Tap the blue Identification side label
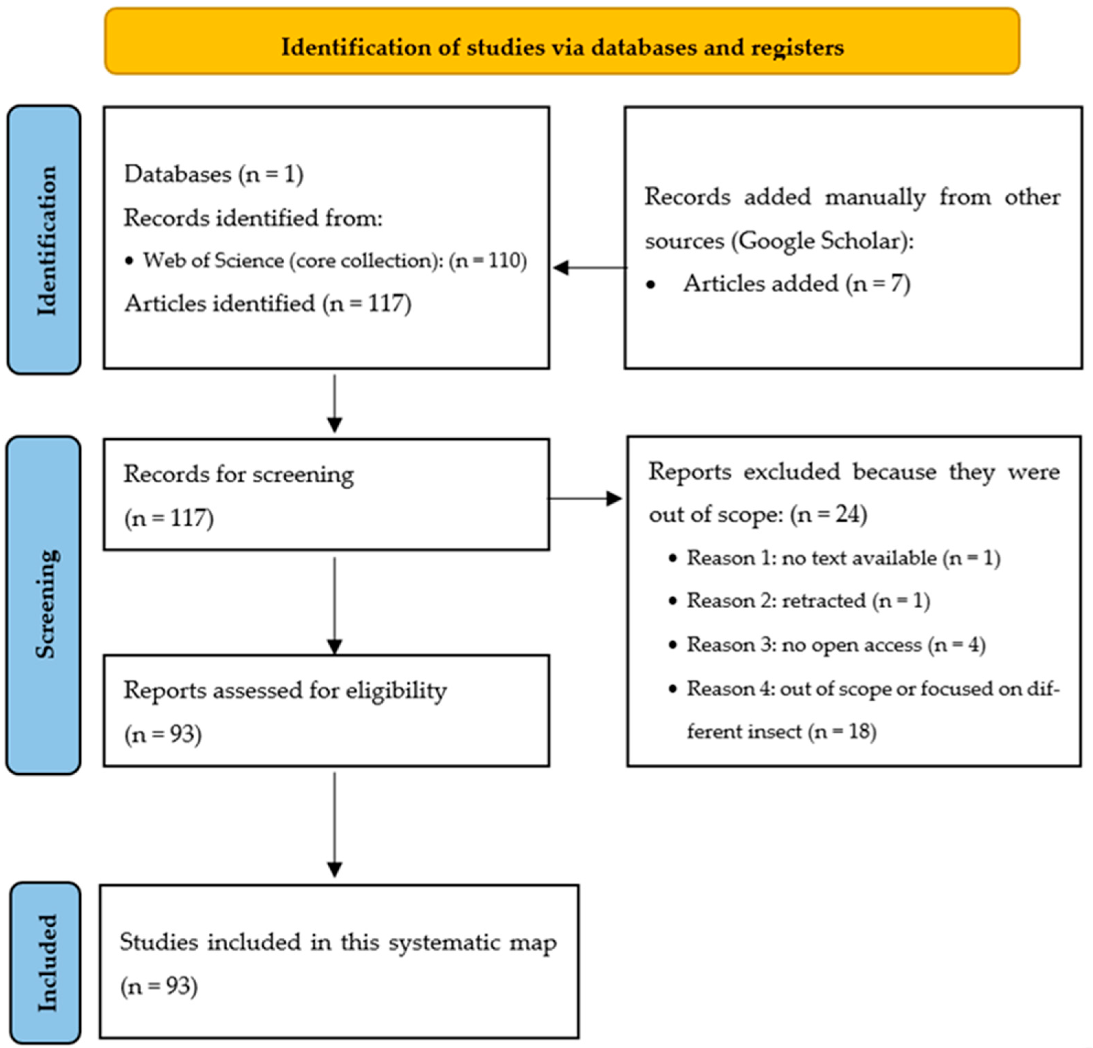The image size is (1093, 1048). [x=45, y=240]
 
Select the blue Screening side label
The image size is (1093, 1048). [x=45, y=605]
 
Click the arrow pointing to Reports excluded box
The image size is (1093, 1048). [x=586, y=498]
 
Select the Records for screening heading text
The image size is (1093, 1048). [x=239, y=474]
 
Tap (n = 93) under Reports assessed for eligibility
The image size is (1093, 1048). [x=163, y=734]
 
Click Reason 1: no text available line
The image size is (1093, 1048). [x=843, y=558]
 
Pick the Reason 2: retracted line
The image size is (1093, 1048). [x=808, y=601]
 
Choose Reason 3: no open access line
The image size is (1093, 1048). [x=835, y=645]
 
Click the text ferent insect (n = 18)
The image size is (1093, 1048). [x=781, y=731]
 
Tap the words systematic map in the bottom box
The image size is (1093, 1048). [x=472, y=942]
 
